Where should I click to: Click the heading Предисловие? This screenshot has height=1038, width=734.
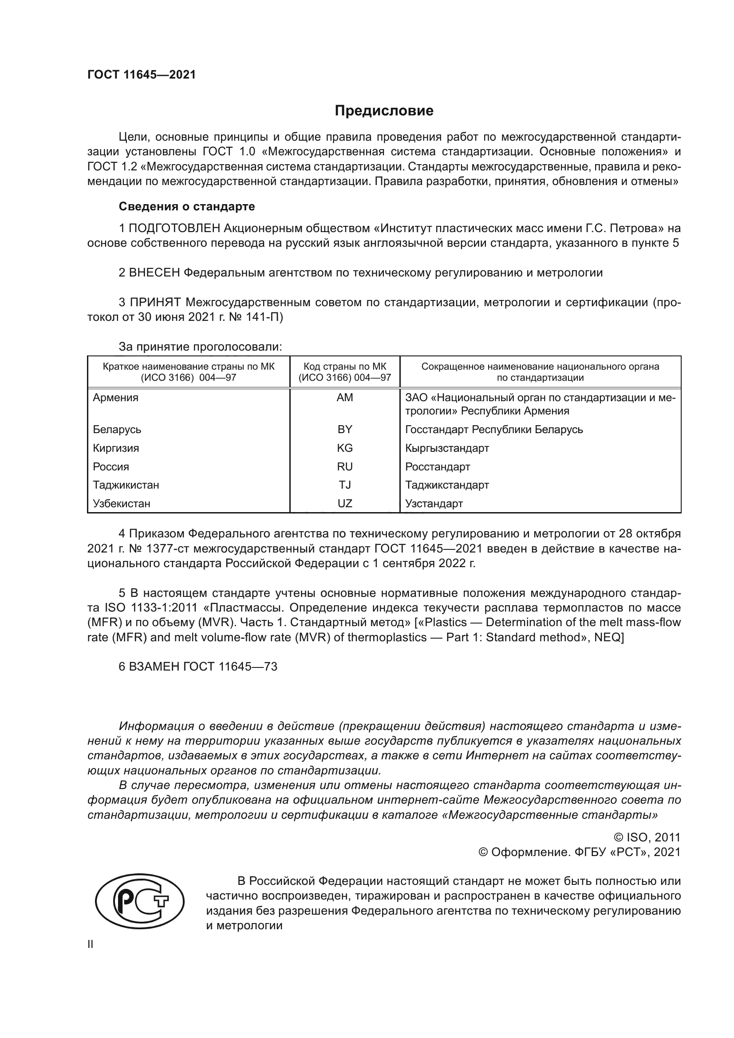[384, 111]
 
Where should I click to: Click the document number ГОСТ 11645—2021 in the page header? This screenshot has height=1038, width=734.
[142, 75]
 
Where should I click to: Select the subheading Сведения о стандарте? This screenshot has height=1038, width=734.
[187, 207]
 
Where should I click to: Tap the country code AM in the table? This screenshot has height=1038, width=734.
[345, 398]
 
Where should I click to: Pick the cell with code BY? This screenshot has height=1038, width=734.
[345, 430]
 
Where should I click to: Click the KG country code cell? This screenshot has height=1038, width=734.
[345, 448]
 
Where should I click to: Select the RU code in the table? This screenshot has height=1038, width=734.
[345, 466]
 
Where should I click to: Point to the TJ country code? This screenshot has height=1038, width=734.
[345, 485]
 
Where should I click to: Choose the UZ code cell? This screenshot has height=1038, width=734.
[345, 504]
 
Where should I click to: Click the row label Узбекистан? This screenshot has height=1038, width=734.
[122, 504]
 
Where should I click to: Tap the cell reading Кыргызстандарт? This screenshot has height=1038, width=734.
[447, 448]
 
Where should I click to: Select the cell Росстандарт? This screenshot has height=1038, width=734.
[438, 466]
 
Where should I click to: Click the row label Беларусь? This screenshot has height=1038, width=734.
[117, 430]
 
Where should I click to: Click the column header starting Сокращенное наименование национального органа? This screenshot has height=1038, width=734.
[540, 372]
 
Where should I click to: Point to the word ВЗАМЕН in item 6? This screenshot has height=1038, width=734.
[154, 667]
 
